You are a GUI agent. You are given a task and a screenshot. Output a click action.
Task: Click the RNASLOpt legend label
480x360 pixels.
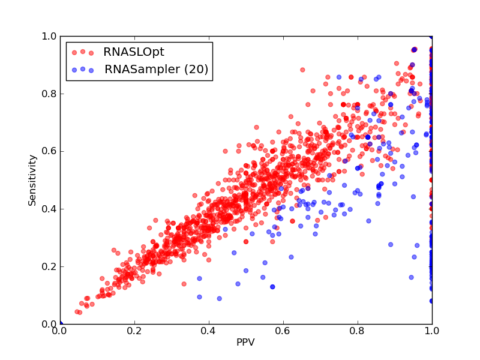pyautogui.click(x=134, y=52)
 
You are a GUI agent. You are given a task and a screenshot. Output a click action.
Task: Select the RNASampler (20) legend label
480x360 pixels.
pyautogui.click(x=157, y=69)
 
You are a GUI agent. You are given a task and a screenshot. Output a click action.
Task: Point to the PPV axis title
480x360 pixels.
pyautogui.click(x=245, y=342)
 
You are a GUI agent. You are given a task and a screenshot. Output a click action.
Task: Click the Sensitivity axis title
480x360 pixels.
pyautogui.click(x=32, y=180)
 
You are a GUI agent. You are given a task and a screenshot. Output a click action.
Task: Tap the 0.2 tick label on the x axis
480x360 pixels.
pyautogui.click(x=134, y=331)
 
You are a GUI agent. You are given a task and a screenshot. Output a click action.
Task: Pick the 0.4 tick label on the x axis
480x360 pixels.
pyautogui.click(x=209, y=331)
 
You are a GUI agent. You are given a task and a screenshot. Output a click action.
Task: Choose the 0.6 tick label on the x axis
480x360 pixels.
pyautogui.click(x=283, y=331)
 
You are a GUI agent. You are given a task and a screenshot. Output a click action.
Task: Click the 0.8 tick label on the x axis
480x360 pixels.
pyautogui.click(x=358, y=331)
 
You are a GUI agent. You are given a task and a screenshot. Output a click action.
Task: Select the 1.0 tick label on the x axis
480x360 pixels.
pyautogui.click(x=432, y=331)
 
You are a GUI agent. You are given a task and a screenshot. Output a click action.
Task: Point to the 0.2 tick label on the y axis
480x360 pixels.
pyautogui.click(x=49, y=266)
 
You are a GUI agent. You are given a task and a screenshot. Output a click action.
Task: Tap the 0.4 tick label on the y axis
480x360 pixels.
pyautogui.click(x=49, y=209)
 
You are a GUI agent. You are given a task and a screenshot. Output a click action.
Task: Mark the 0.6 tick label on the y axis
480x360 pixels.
pyautogui.click(x=49, y=152)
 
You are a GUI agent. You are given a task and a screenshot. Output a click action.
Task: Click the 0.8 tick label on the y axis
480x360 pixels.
pyautogui.click(x=49, y=94)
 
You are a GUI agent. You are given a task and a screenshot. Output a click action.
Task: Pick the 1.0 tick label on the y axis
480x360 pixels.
pyautogui.click(x=49, y=36)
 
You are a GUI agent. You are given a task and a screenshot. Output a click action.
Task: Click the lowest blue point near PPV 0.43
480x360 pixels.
pyautogui.click(x=219, y=298)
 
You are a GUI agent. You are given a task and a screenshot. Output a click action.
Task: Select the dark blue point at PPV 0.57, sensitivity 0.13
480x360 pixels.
pyautogui.click(x=272, y=287)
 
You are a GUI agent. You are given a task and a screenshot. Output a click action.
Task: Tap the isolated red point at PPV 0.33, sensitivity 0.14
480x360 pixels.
pyautogui.click(x=184, y=284)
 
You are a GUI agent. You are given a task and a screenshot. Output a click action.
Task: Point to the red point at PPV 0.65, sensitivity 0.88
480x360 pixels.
pyautogui.click(x=302, y=70)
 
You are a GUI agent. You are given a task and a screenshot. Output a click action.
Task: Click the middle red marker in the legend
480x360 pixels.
pyautogui.click(x=83, y=52)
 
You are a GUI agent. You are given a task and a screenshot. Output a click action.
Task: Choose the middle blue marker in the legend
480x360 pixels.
pyautogui.click(x=83, y=69)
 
